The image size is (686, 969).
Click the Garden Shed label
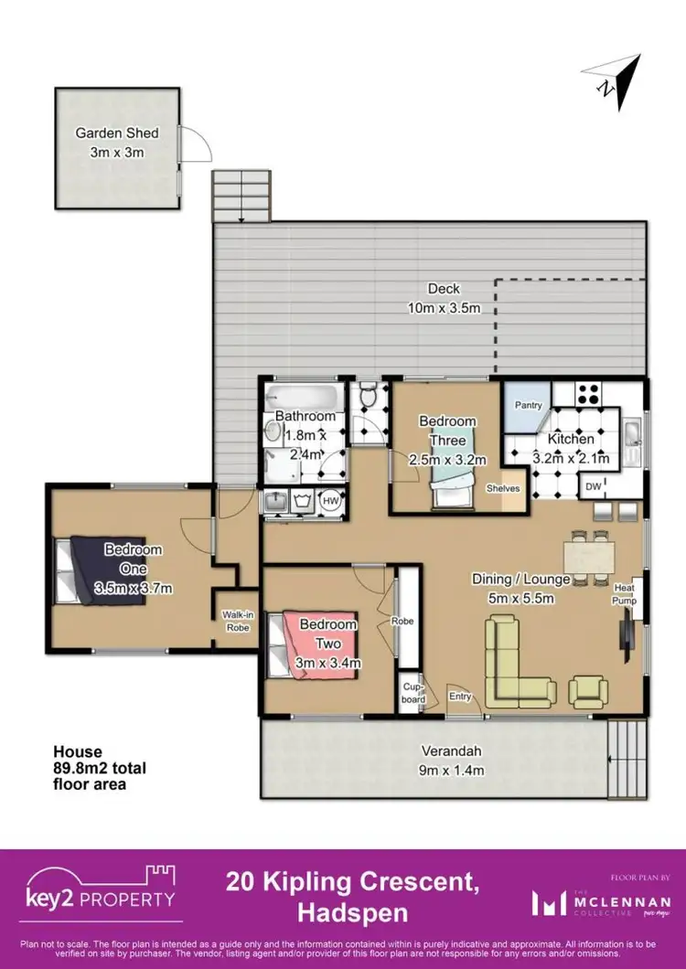111,142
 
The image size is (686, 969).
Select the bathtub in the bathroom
305,399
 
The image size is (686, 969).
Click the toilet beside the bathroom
368,399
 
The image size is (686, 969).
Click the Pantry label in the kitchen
528,405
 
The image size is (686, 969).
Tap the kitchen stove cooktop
586,395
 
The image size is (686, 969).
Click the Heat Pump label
624,594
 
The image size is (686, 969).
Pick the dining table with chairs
588,555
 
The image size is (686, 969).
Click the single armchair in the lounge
586,690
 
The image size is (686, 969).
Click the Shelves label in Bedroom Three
503,489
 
